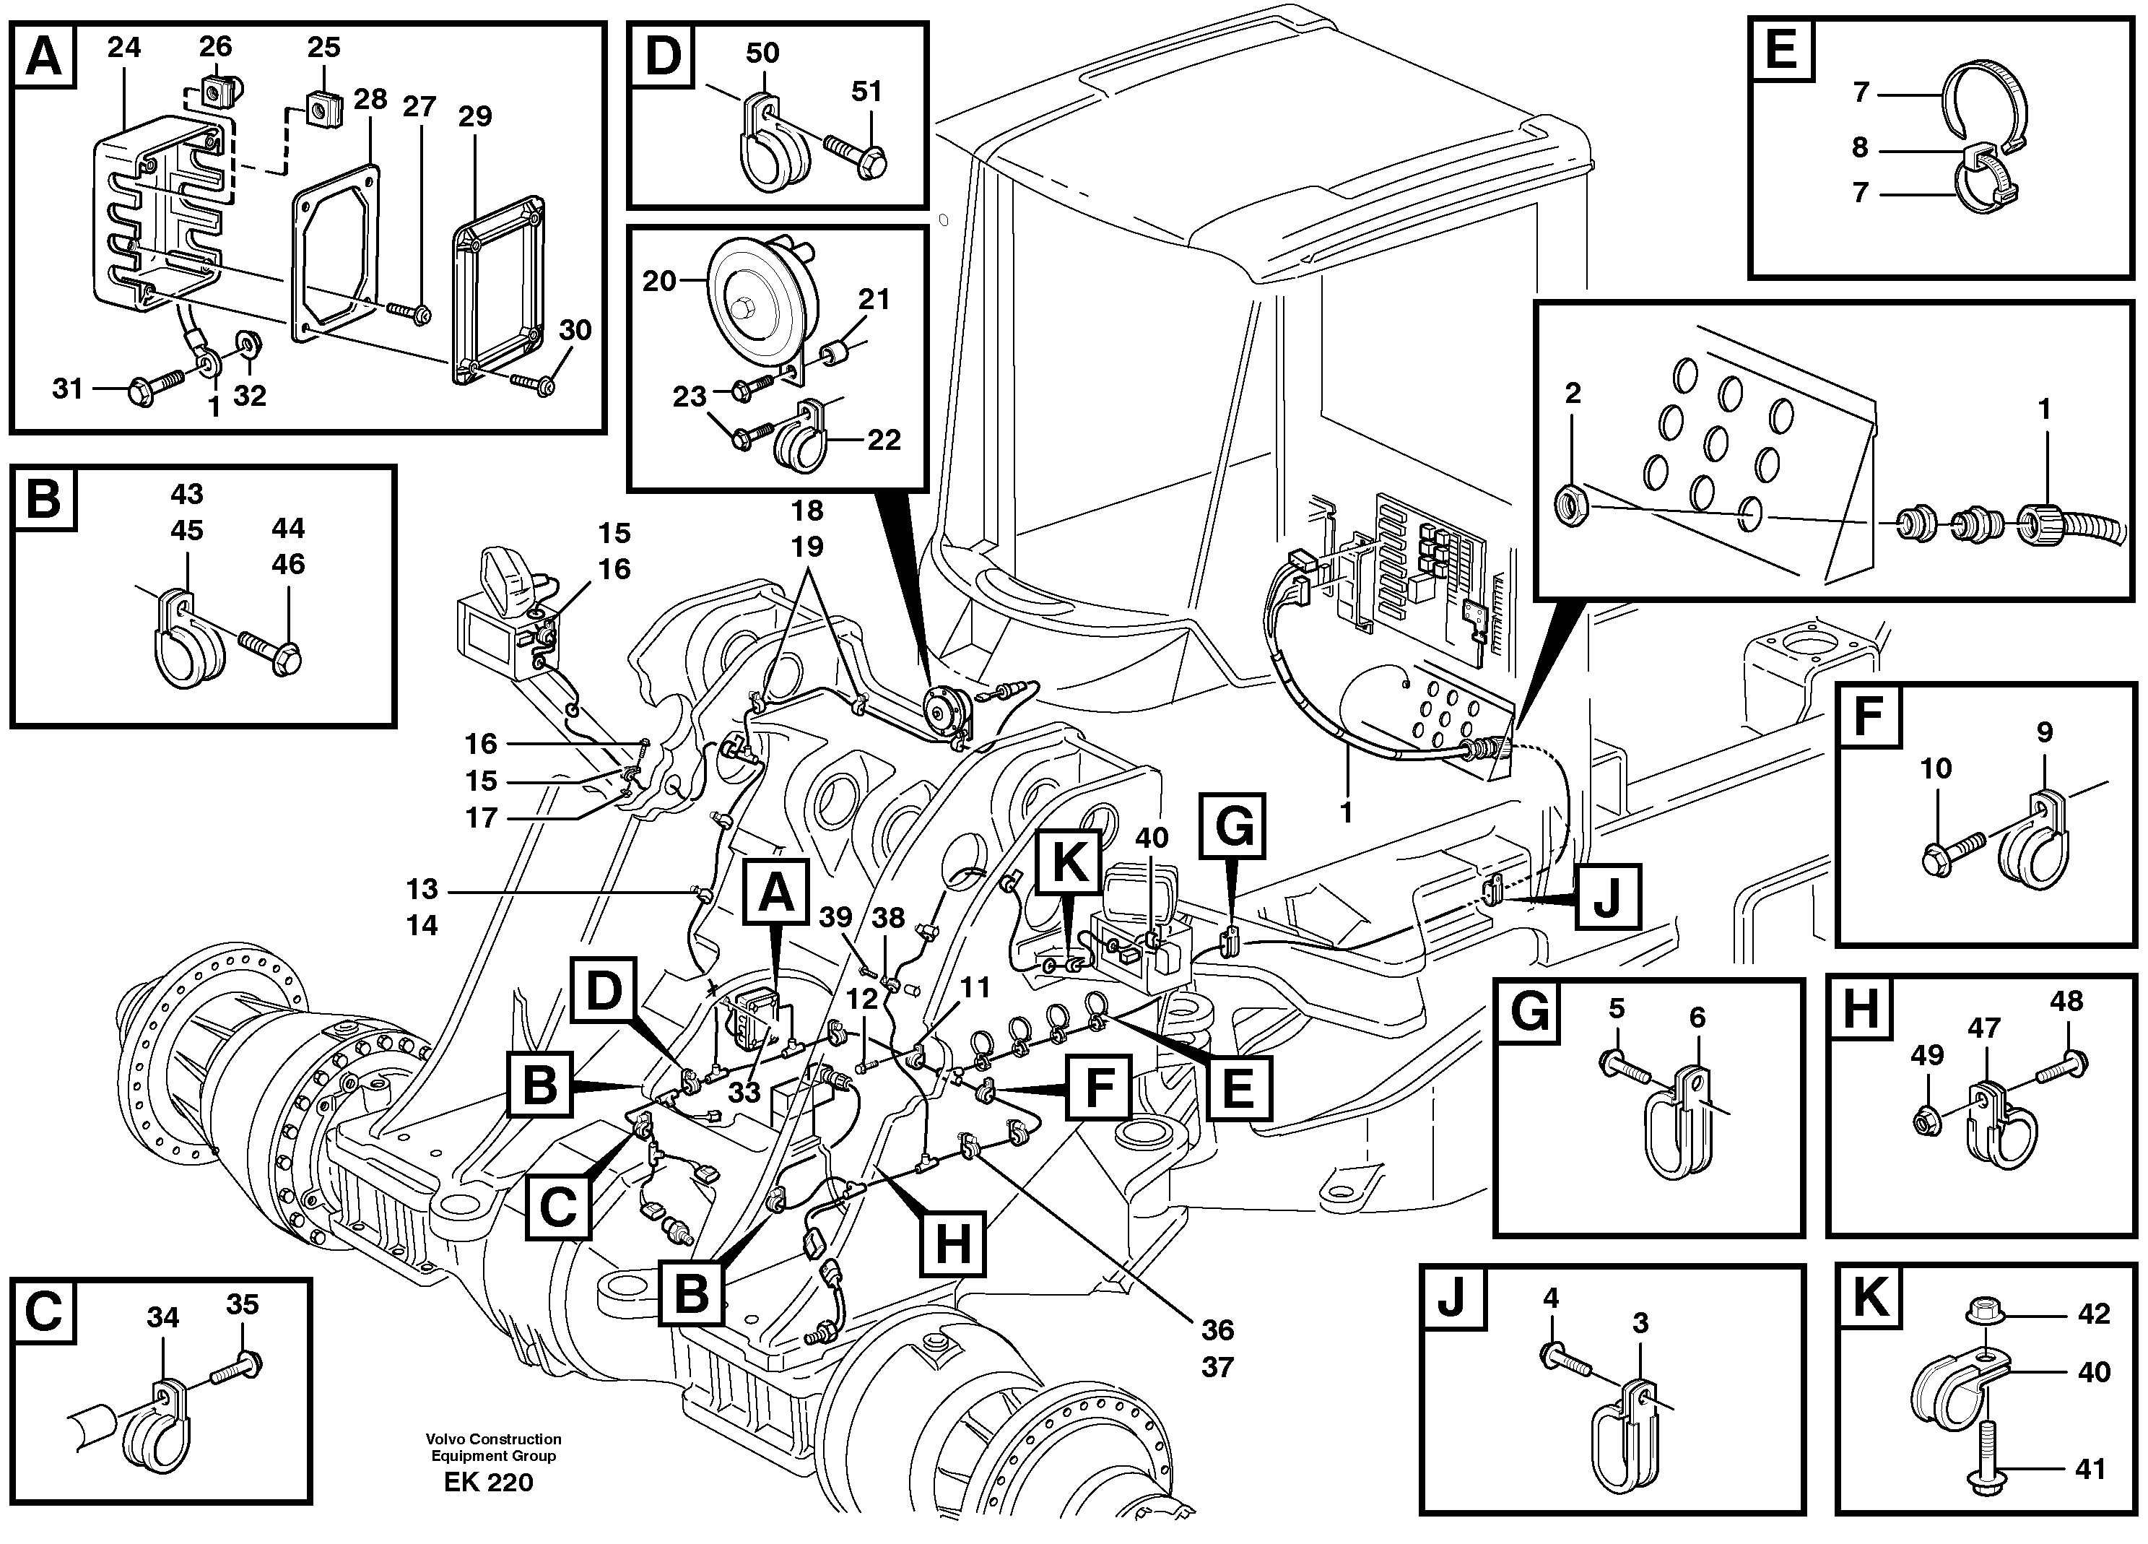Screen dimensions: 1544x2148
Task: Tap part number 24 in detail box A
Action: [123, 48]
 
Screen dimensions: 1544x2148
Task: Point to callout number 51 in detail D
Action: [866, 92]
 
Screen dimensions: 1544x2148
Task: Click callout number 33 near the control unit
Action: [744, 1092]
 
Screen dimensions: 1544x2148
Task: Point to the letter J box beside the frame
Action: [1606, 897]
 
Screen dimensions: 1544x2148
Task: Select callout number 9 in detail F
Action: [2045, 732]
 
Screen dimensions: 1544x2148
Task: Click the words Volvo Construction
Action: [493, 1439]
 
